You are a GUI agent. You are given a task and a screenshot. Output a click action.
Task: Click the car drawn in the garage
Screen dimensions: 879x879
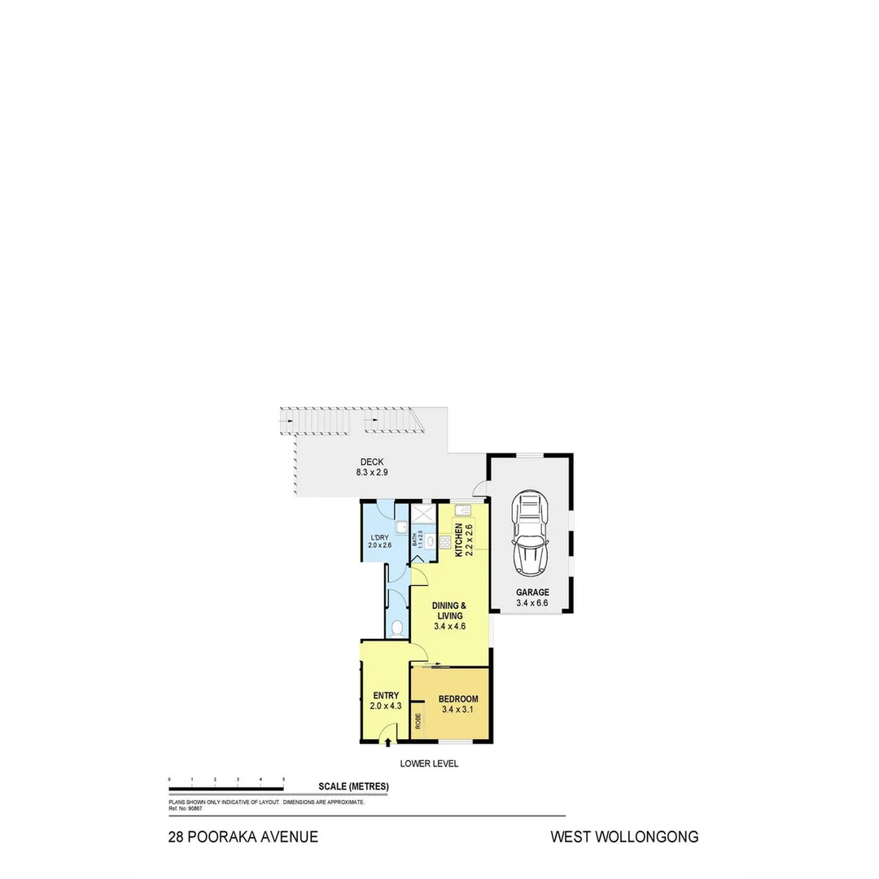[x=529, y=533]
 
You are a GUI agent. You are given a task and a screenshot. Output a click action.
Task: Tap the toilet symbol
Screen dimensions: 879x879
[x=396, y=628]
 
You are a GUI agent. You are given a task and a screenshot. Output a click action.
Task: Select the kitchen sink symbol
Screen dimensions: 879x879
[x=462, y=510]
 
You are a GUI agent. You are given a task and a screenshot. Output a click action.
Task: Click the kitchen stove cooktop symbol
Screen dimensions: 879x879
[x=445, y=541]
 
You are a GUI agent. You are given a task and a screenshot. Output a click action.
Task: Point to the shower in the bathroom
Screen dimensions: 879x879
[x=424, y=515]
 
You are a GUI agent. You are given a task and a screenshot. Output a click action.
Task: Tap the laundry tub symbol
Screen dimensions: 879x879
[x=401, y=527]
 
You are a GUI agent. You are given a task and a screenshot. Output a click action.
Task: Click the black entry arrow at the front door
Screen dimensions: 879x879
[x=387, y=739]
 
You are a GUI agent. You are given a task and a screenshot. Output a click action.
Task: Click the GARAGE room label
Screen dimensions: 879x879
[x=532, y=593]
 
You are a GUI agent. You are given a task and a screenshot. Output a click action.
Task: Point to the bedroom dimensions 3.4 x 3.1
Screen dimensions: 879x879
[x=457, y=710]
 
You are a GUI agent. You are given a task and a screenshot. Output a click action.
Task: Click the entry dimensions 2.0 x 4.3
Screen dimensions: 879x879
[x=385, y=706]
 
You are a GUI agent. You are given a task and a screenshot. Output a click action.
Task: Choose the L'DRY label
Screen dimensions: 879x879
[x=379, y=537]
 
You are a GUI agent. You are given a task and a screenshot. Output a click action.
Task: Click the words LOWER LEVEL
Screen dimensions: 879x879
[x=429, y=763]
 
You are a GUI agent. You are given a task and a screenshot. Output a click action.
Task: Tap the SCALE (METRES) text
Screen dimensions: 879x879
[x=353, y=786]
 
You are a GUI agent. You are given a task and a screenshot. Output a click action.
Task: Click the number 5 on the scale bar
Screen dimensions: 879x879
[x=283, y=780]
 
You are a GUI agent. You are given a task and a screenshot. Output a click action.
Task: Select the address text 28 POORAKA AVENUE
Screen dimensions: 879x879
[x=243, y=837]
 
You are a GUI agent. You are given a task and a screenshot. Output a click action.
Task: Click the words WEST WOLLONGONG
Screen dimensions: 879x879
[x=624, y=837]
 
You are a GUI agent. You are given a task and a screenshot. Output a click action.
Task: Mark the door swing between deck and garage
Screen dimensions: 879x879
[x=480, y=488]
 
